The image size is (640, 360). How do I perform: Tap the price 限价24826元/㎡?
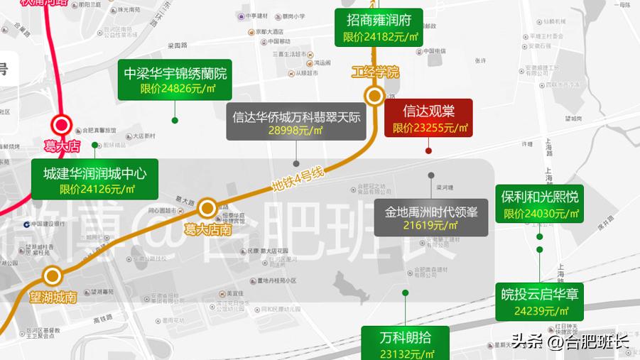pyautogui.click(x=176, y=89)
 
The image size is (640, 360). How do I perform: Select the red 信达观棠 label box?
pyautogui.click(x=428, y=117)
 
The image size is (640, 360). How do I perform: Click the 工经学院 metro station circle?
pyautogui.click(x=374, y=96)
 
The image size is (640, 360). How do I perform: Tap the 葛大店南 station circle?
pyautogui.click(x=207, y=208)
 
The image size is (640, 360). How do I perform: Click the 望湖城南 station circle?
pyautogui.click(x=52, y=276)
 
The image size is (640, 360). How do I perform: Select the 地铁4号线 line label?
pyautogui.click(x=298, y=180)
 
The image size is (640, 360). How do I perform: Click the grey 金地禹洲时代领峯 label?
pyautogui.click(x=431, y=217)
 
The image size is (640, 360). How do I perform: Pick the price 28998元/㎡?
pyautogui.click(x=295, y=131)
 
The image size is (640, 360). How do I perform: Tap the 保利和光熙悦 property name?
pyautogui.click(x=539, y=197)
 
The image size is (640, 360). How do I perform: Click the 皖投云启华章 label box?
pyautogui.click(x=540, y=301)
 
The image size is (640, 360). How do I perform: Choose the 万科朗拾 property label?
pyautogui.click(x=406, y=338)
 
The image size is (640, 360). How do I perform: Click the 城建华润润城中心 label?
pyautogui.click(x=94, y=173)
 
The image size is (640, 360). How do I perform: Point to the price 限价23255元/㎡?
pyautogui.click(x=428, y=129)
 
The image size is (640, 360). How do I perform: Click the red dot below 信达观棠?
pyautogui.click(x=428, y=151)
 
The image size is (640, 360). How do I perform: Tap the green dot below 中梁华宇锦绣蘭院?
pyautogui.click(x=175, y=120)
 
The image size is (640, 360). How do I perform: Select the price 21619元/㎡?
pyautogui.click(x=431, y=226)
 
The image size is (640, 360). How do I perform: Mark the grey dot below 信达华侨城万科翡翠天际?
pyautogui.click(x=296, y=163)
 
